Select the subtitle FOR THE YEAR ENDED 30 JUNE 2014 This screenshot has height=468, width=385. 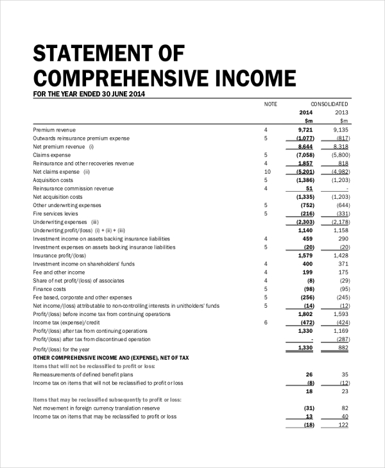click(x=89, y=94)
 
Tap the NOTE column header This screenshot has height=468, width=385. click(x=270, y=104)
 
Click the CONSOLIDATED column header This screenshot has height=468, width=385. click(x=329, y=104)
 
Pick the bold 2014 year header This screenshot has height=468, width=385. click(x=305, y=112)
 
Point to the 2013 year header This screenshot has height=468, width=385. click(x=341, y=112)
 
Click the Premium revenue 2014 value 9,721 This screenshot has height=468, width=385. click(x=305, y=130)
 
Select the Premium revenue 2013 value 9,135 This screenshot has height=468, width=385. click(x=341, y=130)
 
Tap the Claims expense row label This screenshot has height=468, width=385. click(x=52, y=155)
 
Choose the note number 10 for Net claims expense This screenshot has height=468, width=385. click(x=268, y=172)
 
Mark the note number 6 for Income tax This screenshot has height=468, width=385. click(x=266, y=322)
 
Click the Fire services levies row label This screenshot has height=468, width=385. click(x=56, y=213)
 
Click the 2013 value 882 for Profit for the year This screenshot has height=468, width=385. click(x=343, y=347)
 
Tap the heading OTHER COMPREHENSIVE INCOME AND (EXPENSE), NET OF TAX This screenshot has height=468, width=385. click(x=111, y=357)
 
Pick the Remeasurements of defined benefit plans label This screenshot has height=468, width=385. click(x=83, y=374)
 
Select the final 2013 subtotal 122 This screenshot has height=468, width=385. click(x=343, y=424)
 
